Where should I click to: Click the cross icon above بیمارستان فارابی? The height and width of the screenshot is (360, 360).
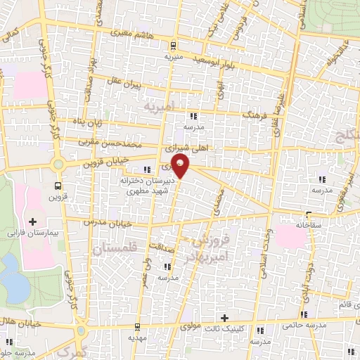coord(32,221)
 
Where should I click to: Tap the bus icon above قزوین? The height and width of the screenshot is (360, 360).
coord(58,186)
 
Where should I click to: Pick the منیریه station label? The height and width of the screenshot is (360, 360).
coord(174,54)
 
